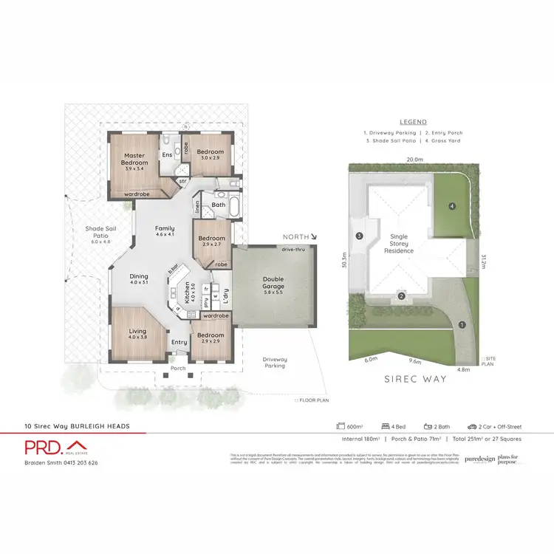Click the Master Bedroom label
[x=134, y=159]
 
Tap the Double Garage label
[x=273, y=282]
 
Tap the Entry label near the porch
[x=179, y=342]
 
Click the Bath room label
[x=218, y=205]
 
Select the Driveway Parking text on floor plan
[x=275, y=363]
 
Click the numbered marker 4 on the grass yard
[x=451, y=205]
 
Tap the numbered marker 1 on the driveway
[x=462, y=324]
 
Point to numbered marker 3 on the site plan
[x=359, y=236]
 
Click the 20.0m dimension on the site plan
[x=414, y=159]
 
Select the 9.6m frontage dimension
[x=415, y=362]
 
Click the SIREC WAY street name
[x=415, y=378]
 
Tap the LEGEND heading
[x=413, y=122]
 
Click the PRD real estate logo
[x=55, y=448]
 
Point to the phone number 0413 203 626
[x=82, y=462]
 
